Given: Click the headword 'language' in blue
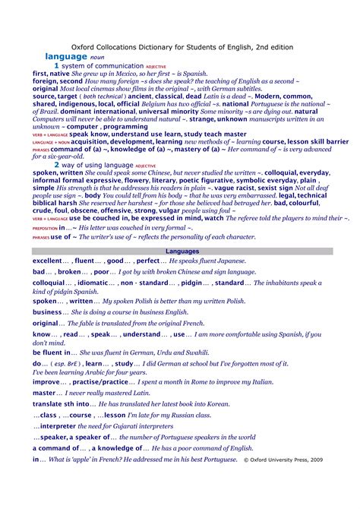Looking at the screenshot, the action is click(x=66, y=56).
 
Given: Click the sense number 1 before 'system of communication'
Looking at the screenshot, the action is click(x=56, y=66).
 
